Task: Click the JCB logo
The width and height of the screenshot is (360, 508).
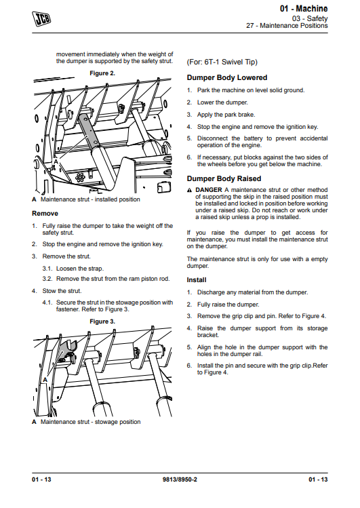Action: [x=41, y=18]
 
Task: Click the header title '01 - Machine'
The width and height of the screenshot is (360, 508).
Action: [x=304, y=8]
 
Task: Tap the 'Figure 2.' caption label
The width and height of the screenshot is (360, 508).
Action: [x=102, y=73]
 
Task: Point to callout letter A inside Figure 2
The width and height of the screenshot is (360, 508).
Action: [x=56, y=161]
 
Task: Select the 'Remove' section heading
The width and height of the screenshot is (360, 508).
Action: [x=45, y=214]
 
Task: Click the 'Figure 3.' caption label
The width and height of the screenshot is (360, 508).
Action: [x=102, y=321]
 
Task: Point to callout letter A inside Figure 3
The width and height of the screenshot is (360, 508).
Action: [x=45, y=379]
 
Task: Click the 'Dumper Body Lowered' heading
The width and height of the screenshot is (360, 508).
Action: [x=227, y=78]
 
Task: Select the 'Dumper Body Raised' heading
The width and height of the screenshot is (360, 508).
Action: [x=224, y=179]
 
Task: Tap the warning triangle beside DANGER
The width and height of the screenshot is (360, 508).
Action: [x=189, y=190]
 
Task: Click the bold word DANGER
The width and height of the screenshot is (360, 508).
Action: [x=209, y=190]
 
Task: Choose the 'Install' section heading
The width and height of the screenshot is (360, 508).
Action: [x=197, y=280]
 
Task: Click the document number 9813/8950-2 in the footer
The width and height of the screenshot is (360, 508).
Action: [x=180, y=480]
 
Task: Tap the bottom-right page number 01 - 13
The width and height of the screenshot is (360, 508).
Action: [x=318, y=480]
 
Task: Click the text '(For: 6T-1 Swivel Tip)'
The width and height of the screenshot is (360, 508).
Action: [x=222, y=62]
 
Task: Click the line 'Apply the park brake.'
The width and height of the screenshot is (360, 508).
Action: [x=226, y=115]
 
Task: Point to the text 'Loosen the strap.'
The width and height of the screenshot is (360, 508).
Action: [x=80, y=269]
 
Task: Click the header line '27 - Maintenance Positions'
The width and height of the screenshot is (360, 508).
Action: [x=287, y=26]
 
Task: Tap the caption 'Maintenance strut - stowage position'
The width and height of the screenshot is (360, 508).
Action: [x=90, y=422]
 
